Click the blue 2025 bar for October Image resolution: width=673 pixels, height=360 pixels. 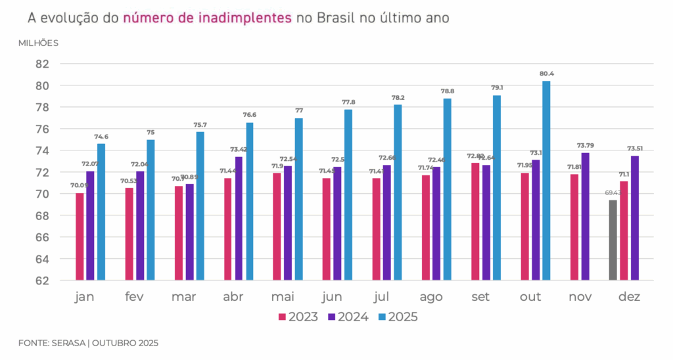pyautogui.click(x=545, y=181)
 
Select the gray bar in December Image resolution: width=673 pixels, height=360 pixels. pyautogui.click(x=613, y=240)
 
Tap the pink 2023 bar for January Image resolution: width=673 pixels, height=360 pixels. pyautogui.click(x=80, y=236)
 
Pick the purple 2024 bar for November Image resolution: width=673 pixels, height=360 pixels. pyautogui.click(x=585, y=216)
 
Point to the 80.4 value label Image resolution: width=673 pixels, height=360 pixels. pyautogui.click(x=547, y=74)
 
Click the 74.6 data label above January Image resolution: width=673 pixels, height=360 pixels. pyautogui.click(x=102, y=137)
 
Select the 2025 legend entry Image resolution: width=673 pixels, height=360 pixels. pyautogui.click(x=398, y=317)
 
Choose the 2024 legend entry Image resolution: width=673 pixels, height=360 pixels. pyautogui.click(x=348, y=317)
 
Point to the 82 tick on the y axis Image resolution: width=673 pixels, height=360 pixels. pyautogui.click(x=43, y=64)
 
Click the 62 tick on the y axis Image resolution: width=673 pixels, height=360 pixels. pyautogui.click(x=43, y=281)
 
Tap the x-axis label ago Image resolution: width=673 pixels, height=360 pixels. pyautogui.click(x=431, y=298)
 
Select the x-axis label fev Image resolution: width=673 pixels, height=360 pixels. pyautogui.click(x=135, y=298)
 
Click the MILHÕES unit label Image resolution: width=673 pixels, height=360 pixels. pyautogui.click(x=38, y=43)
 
